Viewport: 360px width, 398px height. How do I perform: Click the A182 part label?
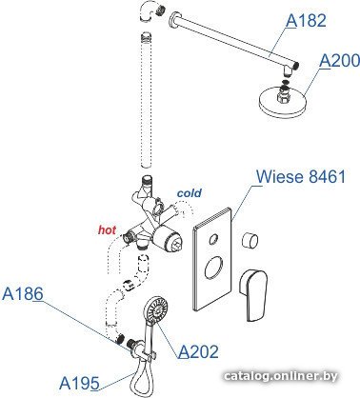[x=306, y=21]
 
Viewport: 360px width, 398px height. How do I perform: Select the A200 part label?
[x=340, y=61]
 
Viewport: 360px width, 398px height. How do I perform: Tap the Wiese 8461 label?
[x=301, y=176]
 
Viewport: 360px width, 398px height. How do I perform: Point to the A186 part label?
[x=23, y=293]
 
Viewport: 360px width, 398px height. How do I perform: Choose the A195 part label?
[x=79, y=383]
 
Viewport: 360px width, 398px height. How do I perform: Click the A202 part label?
[x=198, y=351]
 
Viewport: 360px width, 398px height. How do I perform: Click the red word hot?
[x=107, y=229]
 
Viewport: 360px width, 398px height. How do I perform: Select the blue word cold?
[x=190, y=193]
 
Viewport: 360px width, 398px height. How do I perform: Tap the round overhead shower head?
[x=283, y=100]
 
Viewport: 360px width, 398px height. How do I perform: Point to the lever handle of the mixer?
[x=253, y=294]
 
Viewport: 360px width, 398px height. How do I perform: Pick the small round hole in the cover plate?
[x=214, y=239]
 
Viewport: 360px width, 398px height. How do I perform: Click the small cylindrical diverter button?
[x=250, y=240]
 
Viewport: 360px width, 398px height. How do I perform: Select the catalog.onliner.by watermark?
[x=281, y=376]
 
